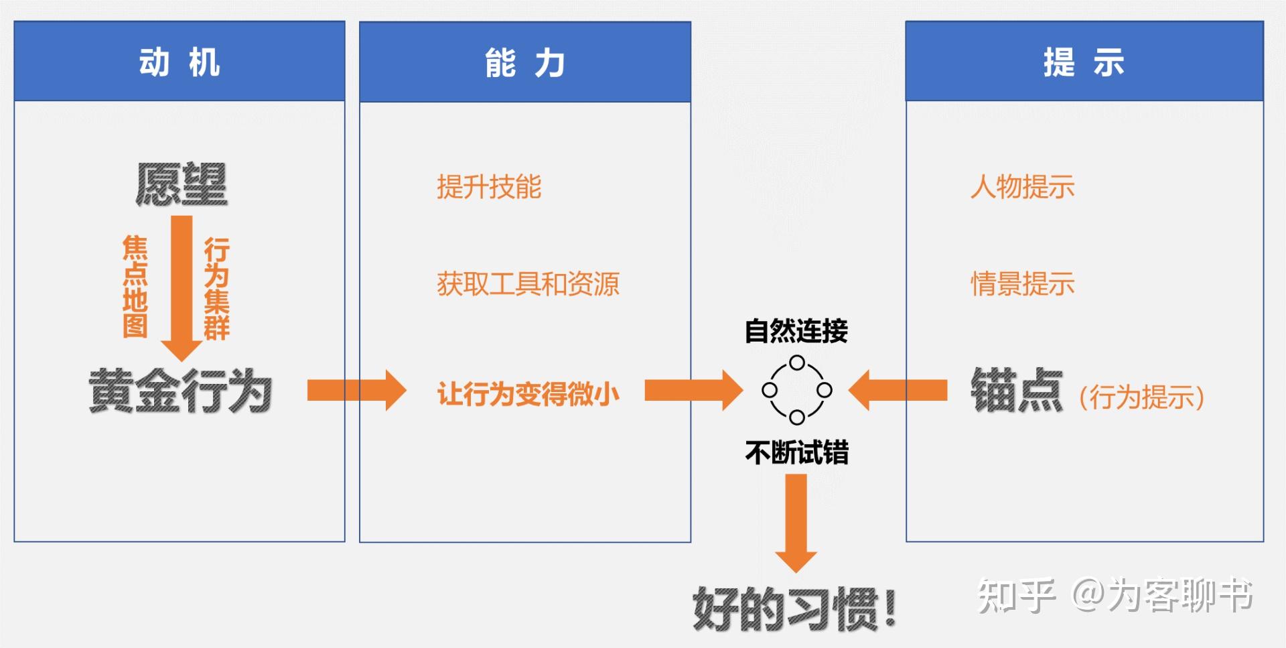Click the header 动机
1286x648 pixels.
[x=180, y=62]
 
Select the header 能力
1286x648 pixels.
[x=525, y=63]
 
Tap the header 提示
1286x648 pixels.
[x=1084, y=62]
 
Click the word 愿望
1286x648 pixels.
[x=182, y=184]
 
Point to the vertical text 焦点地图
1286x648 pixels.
[x=135, y=286]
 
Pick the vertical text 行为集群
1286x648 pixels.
[x=217, y=288]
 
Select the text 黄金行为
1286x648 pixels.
[x=180, y=391]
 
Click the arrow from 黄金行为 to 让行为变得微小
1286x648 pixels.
[x=356, y=390]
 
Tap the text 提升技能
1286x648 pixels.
[x=489, y=187]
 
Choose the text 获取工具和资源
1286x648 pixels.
[x=528, y=284]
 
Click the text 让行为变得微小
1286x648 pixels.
[x=528, y=394]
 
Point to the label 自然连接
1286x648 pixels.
[x=796, y=331]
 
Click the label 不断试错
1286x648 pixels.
[x=796, y=453]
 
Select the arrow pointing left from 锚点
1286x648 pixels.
[x=898, y=390]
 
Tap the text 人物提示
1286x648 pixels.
[x=1022, y=187]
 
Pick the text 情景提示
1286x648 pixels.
[x=1022, y=284]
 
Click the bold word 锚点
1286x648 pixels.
[x=1017, y=391]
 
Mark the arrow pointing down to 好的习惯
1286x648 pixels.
[x=796, y=523]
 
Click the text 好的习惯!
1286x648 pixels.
[x=794, y=609]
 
